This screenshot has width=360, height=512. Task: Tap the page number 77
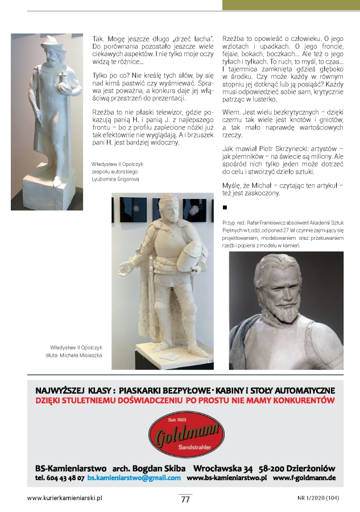tap(185, 499)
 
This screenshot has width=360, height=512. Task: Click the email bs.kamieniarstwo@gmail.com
tap(134, 478)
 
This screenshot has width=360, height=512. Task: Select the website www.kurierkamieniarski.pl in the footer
tap(64, 498)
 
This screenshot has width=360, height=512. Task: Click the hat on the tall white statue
tap(46, 43)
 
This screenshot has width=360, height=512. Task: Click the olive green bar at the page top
tap(290, 5)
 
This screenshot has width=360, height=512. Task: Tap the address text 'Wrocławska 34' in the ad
tap(223, 468)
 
